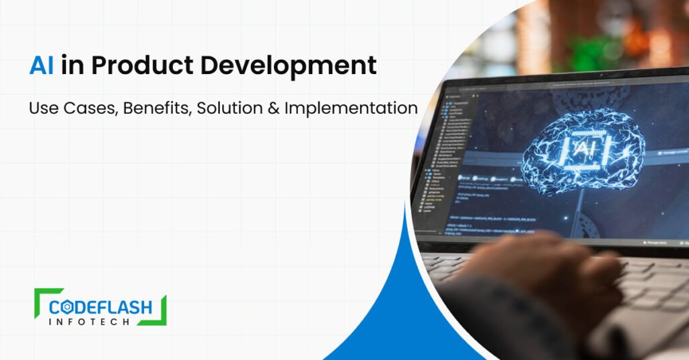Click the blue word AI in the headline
tap(42, 66)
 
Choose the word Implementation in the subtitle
tap(350, 108)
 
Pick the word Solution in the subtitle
tap(227, 108)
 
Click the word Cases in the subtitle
tap(89, 108)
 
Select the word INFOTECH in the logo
tap(101, 322)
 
